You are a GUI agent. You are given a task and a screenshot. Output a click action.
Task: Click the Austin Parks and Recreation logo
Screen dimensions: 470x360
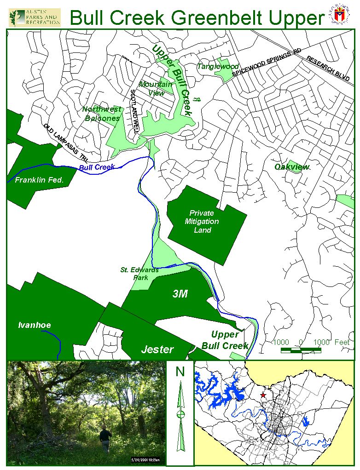[x=35, y=17]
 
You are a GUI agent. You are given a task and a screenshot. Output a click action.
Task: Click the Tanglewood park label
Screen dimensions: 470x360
[x=218, y=67]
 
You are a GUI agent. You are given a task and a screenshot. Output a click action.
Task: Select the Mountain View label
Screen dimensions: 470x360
[x=156, y=88]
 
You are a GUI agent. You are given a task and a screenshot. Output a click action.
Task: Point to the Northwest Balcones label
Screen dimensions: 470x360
[x=102, y=114]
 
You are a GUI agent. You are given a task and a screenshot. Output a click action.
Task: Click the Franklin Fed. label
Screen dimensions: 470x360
[x=38, y=180]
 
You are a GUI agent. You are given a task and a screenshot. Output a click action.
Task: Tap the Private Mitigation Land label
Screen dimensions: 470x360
[x=202, y=221]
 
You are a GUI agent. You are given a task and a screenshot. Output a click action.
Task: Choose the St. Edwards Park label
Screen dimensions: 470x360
[x=139, y=274]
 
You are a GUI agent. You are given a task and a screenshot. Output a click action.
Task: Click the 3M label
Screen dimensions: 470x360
[x=180, y=294]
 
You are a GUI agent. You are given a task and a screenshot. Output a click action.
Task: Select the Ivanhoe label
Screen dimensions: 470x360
[x=35, y=326]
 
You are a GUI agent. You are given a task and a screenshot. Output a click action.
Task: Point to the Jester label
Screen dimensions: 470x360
[x=157, y=350]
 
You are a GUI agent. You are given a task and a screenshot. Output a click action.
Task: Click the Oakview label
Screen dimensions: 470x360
[x=291, y=167]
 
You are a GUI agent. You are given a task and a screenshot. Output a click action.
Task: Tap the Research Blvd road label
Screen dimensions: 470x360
[x=328, y=69]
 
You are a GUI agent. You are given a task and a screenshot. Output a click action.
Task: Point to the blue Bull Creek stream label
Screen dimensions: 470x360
[x=97, y=167]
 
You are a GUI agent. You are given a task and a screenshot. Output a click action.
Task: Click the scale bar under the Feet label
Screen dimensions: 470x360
[x=301, y=351]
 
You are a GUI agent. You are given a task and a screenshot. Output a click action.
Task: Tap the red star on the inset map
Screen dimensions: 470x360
[x=263, y=395]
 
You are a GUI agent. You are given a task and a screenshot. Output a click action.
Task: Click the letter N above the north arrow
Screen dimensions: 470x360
[x=180, y=372]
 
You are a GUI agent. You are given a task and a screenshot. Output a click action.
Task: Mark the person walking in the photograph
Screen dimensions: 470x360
[x=105, y=438]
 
